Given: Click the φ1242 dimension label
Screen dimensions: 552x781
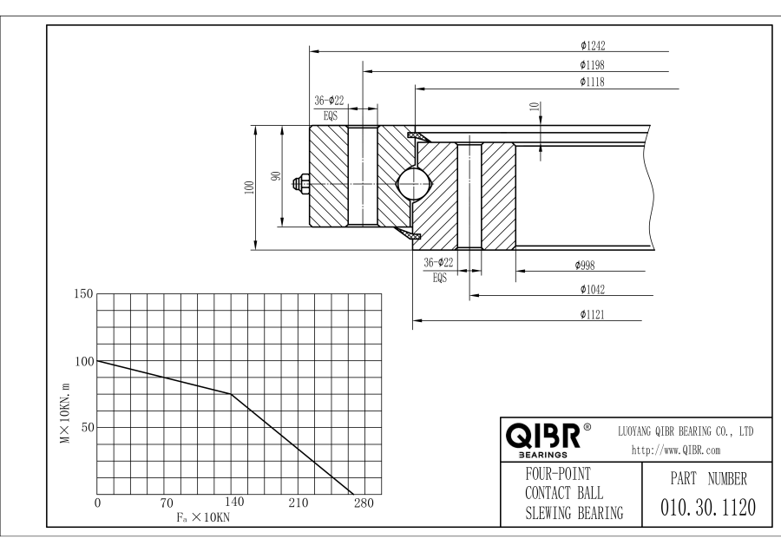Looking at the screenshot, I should coord(594,44).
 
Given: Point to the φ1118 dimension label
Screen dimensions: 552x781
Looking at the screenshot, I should coord(594,82).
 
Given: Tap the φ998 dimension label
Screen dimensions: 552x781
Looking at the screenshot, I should coord(589,266).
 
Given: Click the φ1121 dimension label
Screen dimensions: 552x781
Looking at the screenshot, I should coord(594,314).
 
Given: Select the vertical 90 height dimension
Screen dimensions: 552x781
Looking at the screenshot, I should coord(277,176).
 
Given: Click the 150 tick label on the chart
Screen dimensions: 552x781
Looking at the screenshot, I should coord(82,294).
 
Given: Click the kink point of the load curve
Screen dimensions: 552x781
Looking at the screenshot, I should coord(232,394).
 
